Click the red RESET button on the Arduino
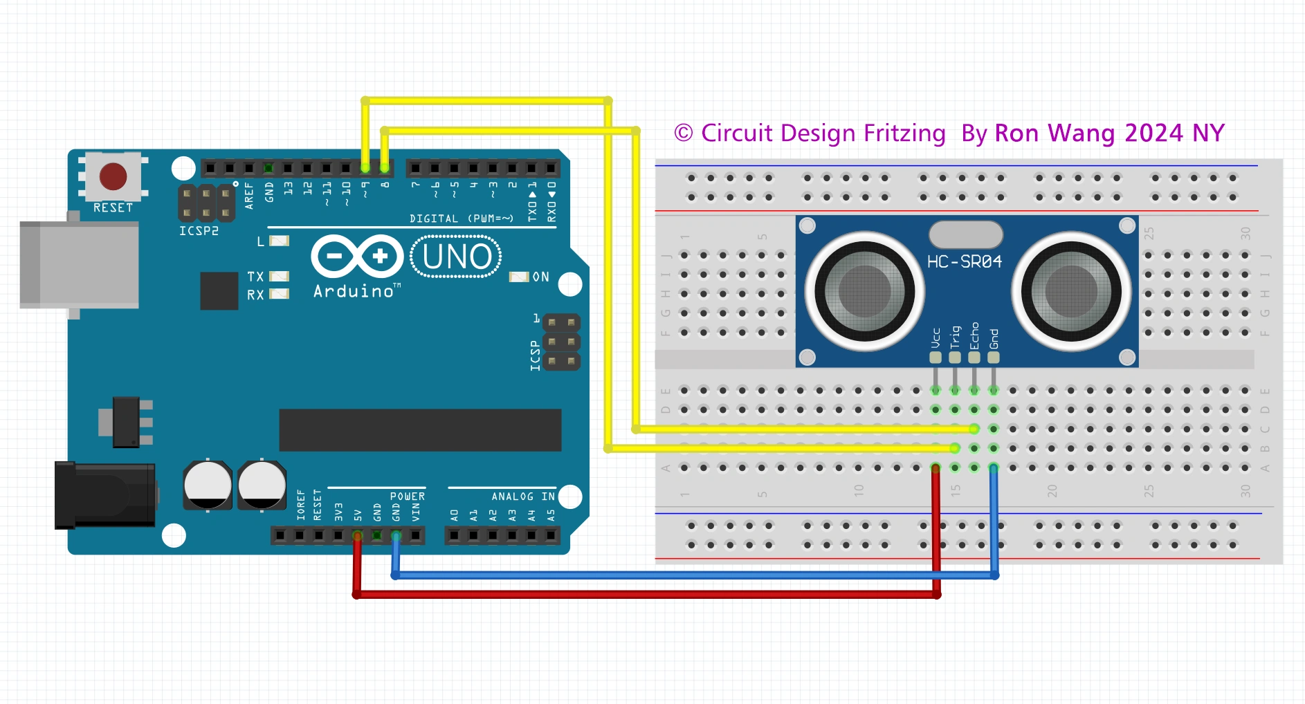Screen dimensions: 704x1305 113,176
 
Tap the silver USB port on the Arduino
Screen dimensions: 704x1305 79,265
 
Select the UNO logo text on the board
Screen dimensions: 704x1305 456,257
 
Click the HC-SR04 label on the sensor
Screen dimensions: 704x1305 964,262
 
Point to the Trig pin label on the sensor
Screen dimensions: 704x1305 956,336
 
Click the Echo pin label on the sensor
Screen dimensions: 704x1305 974,335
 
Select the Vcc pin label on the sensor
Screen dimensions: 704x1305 936,337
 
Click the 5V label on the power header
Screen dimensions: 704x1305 358,515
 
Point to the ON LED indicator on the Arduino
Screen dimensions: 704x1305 519,277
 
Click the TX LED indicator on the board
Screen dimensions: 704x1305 279,276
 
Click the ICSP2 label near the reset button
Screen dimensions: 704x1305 199,231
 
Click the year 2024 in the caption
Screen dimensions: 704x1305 1153,133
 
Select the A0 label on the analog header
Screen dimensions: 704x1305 455,515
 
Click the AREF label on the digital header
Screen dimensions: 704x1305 249,196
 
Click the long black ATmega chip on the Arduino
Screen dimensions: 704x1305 420,429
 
